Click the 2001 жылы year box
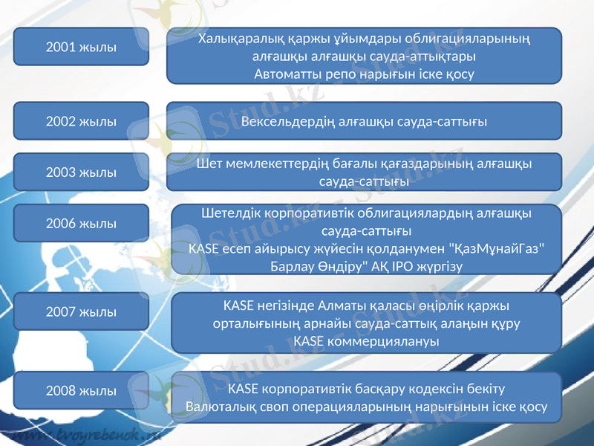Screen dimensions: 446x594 (81, 46)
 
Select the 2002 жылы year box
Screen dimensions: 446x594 (81, 121)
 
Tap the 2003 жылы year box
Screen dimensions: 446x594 (81, 172)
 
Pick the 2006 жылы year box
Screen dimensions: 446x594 (81, 223)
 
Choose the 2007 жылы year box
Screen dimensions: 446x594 (81, 311)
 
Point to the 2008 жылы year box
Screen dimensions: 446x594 (81, 390)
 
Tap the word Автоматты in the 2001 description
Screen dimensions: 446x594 (284, 74)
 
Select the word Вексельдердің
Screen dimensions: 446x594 (293, 121)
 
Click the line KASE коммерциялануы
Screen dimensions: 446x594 (366, 341)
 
